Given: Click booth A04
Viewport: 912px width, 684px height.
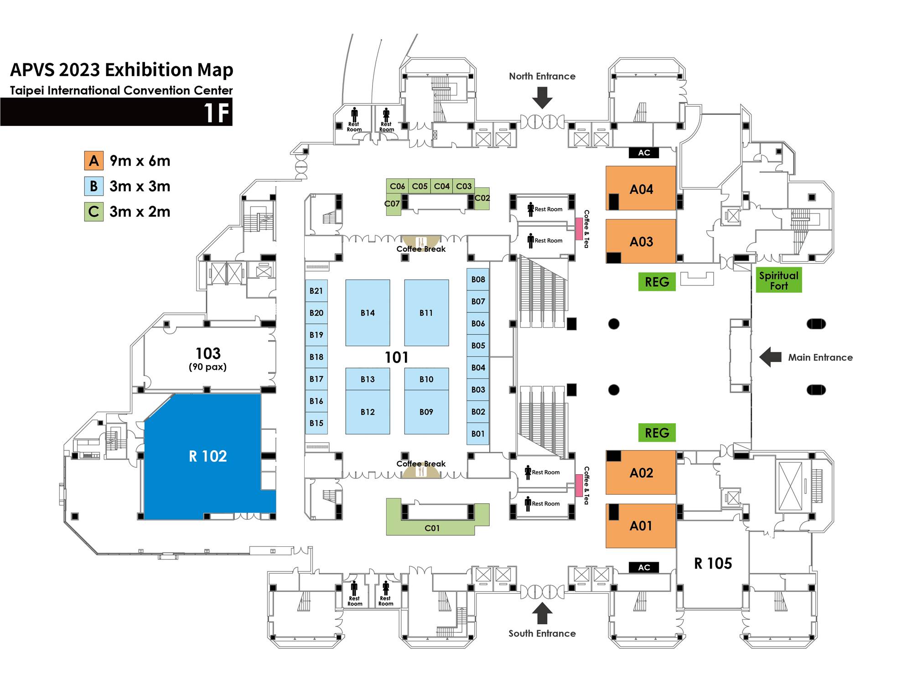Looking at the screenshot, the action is tap(641, 188).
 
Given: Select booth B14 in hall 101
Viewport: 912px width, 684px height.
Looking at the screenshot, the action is tap(368, 313).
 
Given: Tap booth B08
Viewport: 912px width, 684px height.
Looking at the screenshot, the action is tap(478, 280).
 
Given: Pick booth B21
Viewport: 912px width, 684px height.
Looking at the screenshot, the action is tap(316, 291).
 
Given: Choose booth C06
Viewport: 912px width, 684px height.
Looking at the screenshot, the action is tap(397, 186).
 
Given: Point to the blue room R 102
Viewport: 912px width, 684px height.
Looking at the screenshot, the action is tap(208, 456).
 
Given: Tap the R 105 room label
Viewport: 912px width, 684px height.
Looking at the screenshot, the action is tap(713, 564).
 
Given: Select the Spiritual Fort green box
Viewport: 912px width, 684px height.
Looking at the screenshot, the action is tap(779, 280).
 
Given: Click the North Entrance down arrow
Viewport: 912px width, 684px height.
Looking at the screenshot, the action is tap(542, 98).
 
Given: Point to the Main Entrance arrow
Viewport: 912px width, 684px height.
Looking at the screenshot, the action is tap(771, 357).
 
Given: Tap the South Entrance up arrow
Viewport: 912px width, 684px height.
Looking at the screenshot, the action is tap(542, 613).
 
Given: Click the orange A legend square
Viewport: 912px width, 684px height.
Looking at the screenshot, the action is tap(94, 161).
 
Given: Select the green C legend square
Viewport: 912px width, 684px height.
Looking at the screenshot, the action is tap(94, 212).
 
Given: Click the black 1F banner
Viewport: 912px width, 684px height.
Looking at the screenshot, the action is tap(116, 112).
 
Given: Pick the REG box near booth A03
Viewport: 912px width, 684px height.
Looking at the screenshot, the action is tap(657, 282).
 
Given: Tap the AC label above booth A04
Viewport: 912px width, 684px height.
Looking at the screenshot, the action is tap(644, 153).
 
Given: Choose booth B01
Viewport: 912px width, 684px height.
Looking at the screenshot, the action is tap(478, 434).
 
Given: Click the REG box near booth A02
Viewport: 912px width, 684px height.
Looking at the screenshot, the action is tap(657, 433).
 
